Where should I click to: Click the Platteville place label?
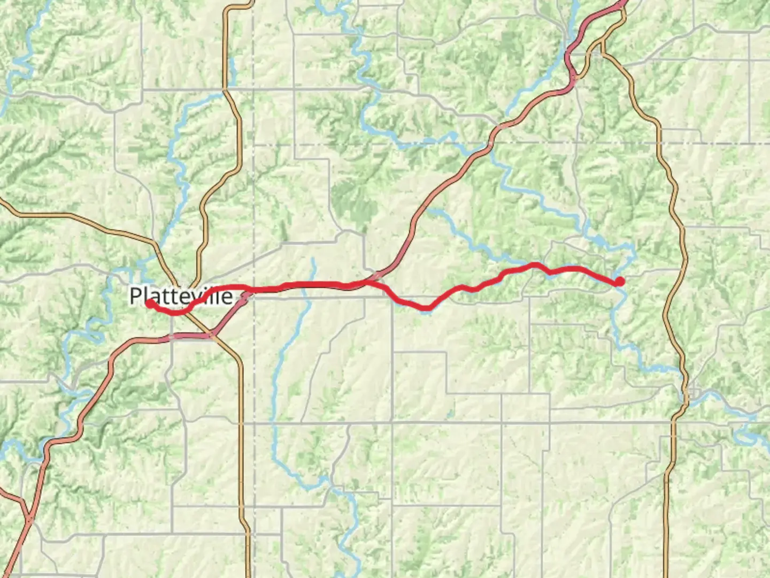[181, 296]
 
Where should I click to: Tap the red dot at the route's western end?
[150, 303]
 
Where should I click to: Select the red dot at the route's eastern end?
[619, 280]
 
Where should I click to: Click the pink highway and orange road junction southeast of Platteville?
[212, 336]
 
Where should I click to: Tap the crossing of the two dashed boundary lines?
[253, 144]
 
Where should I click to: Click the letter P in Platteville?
[136, 296]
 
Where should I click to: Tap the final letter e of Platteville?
[227, 297]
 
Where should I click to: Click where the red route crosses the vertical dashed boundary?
[253, 290]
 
